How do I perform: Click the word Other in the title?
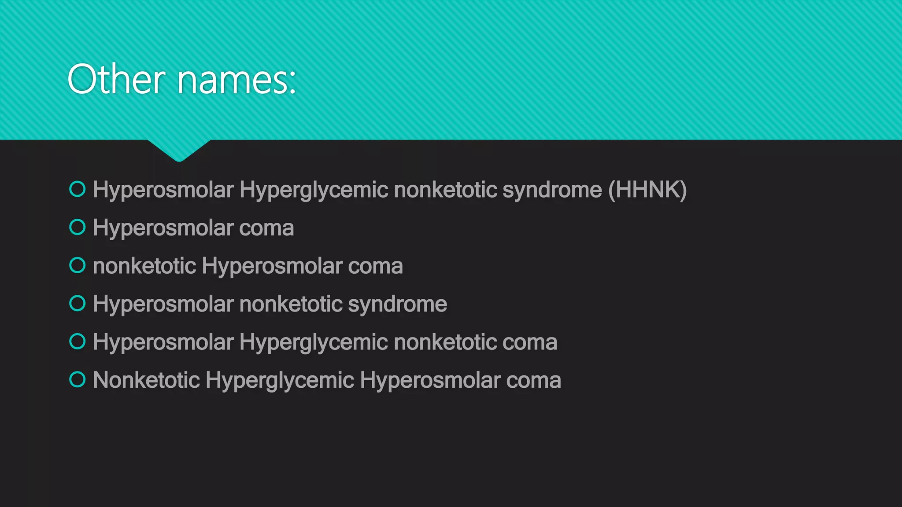(116, 80)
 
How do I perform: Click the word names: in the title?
(237, 81)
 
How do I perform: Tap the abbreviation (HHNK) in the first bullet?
(647, 190)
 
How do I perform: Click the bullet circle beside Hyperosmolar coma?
(78, 227)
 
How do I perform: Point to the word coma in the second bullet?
(266, 228)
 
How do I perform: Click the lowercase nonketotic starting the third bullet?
(144, 266)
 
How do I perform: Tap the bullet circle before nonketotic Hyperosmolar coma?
(78, 265)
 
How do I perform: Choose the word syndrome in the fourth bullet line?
(397, 305)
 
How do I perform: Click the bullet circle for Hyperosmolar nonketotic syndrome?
(78, 303)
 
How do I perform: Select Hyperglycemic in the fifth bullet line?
(314, 343)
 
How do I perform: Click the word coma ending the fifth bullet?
(530, 342)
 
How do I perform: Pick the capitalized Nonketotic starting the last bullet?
(146, 380)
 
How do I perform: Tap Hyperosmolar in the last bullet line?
(429, 381)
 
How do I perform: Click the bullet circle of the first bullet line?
(78, 189)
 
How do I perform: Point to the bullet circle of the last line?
(78, 379)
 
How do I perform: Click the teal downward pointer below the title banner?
(179, 150)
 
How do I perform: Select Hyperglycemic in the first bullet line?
(314, 191)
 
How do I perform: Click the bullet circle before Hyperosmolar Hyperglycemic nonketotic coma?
(78, 342)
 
